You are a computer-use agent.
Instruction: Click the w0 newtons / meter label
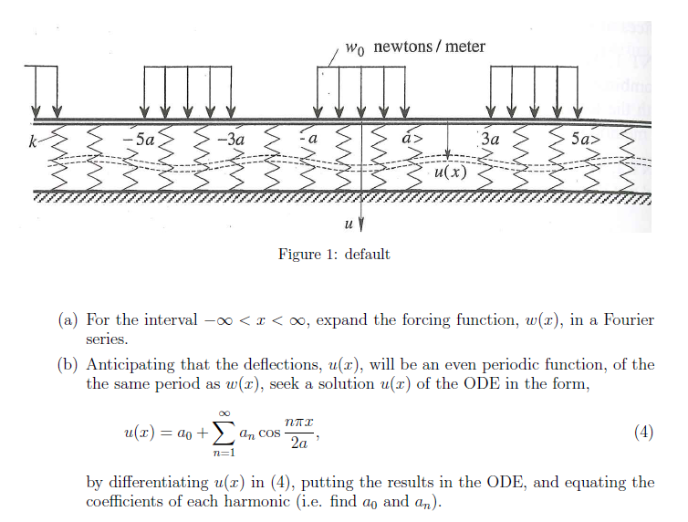point(415,47)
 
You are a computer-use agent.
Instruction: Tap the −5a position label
point(143,141)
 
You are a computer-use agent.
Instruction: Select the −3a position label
point(233,141)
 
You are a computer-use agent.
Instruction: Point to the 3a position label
point(490,141)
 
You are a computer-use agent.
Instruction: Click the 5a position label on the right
point(583,141)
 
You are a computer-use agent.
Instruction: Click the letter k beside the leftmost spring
point(33,141)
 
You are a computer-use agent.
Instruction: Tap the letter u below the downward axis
point(349,223)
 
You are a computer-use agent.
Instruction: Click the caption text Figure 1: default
point(334,254)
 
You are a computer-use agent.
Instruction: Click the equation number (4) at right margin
point(643,433)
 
